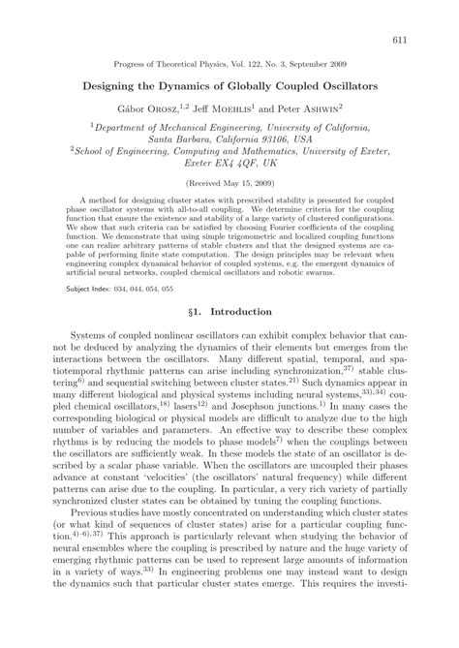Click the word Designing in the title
[122, 85]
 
